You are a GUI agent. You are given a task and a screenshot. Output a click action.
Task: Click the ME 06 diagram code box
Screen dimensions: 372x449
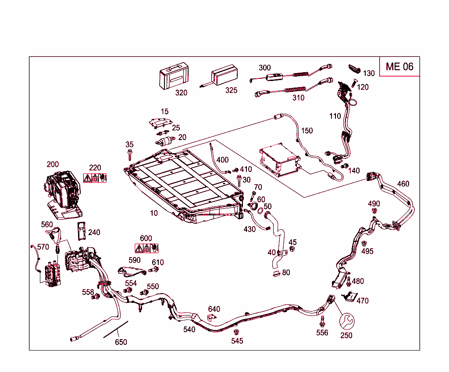(399, 67)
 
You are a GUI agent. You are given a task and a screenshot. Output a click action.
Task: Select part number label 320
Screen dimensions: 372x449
(181, 92)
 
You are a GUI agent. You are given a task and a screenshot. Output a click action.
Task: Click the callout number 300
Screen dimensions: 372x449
(264, 67)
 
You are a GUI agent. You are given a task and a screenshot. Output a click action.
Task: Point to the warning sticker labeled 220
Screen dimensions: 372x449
(95, 178)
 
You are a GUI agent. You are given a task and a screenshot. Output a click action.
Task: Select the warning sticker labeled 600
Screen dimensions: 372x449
(146, 249)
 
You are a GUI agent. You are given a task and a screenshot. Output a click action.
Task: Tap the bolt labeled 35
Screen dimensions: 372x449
(130, 154)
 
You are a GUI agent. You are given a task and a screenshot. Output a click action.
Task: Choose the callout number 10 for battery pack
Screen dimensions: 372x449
(153, 213)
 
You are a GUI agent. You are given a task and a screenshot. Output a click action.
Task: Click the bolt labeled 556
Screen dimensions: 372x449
(322, 321)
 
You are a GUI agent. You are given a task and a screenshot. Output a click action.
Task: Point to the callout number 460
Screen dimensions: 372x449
(403, 183)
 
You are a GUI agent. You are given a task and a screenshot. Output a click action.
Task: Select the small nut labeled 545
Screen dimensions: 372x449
(236, 332)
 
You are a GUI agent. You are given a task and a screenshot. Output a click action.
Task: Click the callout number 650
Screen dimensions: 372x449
(121, 342)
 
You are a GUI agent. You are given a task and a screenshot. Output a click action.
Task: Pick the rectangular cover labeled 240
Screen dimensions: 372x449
(81, 231)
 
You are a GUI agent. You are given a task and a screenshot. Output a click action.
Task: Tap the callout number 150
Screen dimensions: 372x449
(307, 130)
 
